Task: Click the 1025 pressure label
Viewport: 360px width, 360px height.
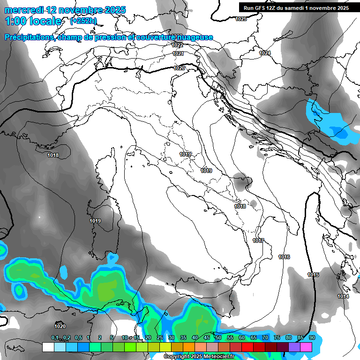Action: [x=241, y=19]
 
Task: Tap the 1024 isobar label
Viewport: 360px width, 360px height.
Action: [x=265, y=53]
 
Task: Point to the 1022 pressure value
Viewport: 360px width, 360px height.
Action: [x=177, y=45]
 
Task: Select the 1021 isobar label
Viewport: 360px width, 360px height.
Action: [x=178, y=53]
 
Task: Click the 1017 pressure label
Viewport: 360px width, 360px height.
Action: [x=258, y=240]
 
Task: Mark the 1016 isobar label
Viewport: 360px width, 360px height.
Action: [x=284, y=257]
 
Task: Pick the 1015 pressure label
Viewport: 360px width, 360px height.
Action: [x=313, y=275]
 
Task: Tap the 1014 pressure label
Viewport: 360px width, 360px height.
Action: [x=343, y=296]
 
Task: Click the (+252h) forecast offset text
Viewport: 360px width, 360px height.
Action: [x=83, y=21]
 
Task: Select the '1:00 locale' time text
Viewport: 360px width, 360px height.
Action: [x=33, y=21]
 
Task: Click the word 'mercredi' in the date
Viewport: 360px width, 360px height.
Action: [x=23, y=9]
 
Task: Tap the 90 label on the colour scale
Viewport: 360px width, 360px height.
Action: [x=312, y=337]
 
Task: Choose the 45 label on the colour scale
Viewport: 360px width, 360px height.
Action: [x=207, y=337]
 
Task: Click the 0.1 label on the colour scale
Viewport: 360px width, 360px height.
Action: [x=55, y=337]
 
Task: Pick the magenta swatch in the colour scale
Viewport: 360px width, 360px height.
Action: [x=306, y=347]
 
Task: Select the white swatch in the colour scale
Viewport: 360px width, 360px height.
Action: [x=48, y=347]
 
